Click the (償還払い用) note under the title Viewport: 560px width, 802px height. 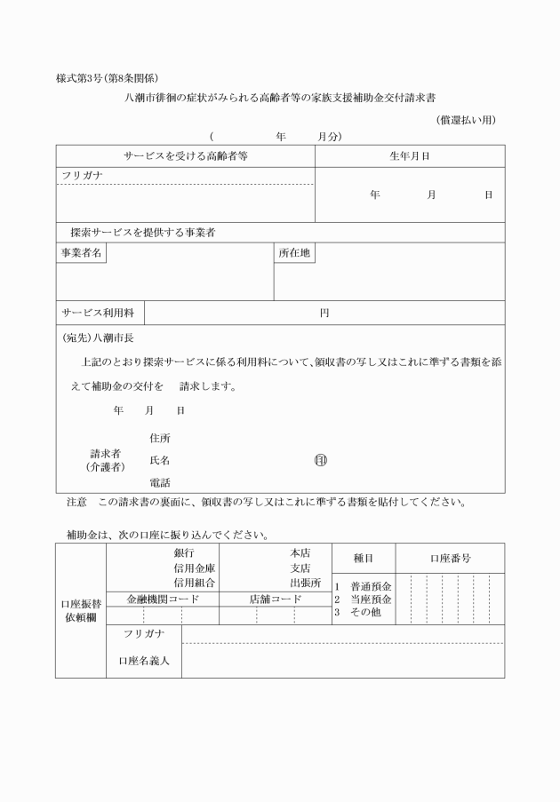(465, 121)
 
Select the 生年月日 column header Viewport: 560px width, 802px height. (410, 155)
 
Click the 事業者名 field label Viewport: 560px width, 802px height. (81, 253)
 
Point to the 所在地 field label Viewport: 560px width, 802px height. (294, 253)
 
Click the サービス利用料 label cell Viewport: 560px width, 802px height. (98, 313)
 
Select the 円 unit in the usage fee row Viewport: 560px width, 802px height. (324, 313)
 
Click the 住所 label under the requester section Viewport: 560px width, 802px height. (160, 438)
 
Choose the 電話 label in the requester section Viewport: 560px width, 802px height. (160, 482)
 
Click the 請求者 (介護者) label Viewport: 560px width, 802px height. (105, 459)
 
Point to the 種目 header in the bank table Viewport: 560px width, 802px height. (363, 559)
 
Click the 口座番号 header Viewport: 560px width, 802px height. (450, 559)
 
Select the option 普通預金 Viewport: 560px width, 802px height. (372, 586)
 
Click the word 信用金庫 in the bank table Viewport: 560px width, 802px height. (196, 568)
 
